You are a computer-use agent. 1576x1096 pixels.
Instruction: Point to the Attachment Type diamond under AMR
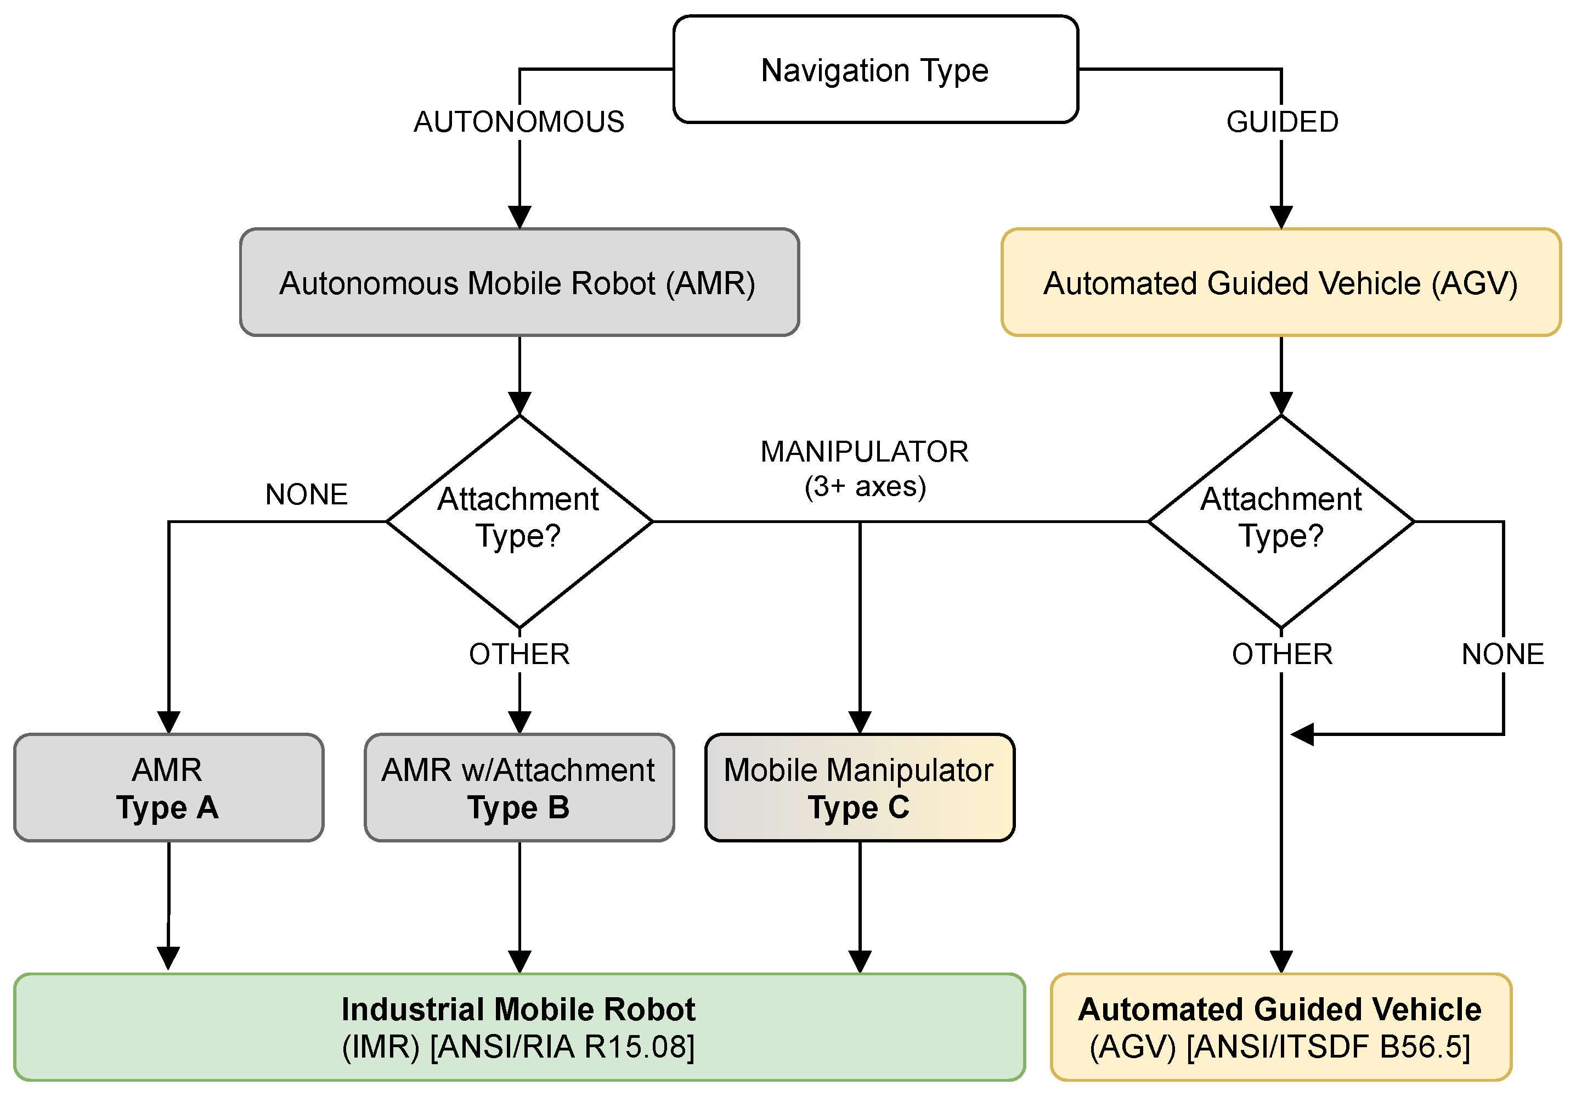click(519, 521)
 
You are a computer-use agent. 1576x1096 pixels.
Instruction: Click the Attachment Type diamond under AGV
click(1281, 521)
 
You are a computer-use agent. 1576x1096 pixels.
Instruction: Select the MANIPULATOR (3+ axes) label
click(864, 468)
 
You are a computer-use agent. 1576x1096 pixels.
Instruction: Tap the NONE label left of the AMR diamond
click(306, 494)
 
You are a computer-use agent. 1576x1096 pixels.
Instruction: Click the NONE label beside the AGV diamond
click(1502, 654)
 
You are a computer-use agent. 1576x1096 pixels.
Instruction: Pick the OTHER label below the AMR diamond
click(519, 654)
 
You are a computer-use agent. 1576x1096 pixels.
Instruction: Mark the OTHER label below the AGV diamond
click(1281, 654)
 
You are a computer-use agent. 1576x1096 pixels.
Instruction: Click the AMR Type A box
click(168, 788)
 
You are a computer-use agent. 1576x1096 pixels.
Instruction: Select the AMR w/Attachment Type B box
click(519, 788)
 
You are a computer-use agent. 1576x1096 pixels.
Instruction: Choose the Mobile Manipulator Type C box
click(860, 788)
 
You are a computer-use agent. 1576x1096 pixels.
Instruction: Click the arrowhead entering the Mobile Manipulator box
click(860, 722)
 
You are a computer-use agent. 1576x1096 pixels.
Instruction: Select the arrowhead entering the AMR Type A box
click(168, 722)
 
